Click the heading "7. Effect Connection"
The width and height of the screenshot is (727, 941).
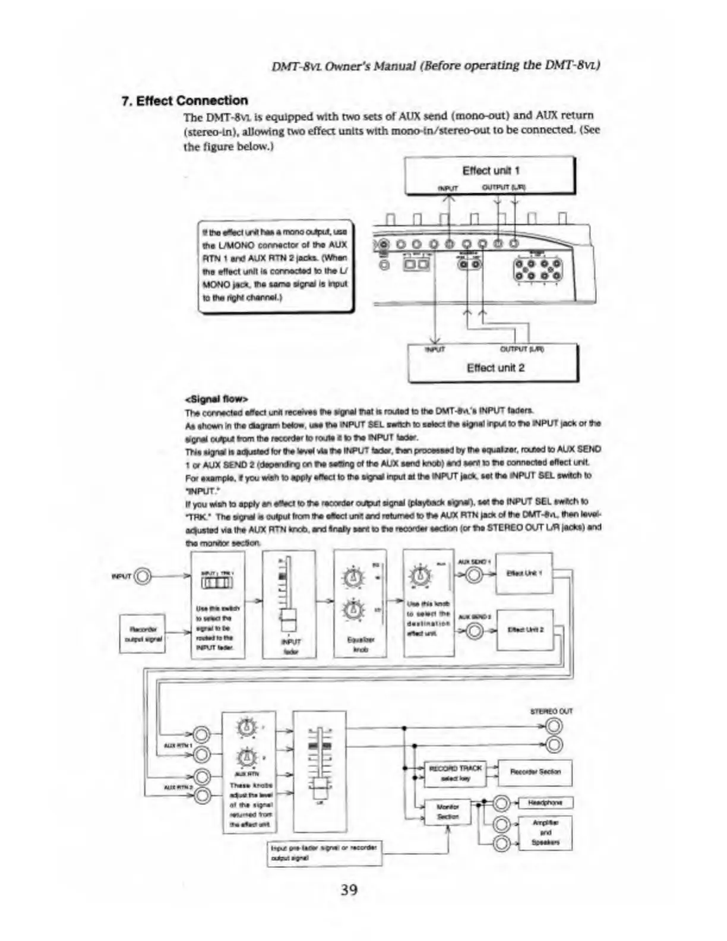[x=184, y=100]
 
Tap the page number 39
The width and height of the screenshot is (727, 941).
[x=349, y=889]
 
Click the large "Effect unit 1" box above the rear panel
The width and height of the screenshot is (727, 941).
[x=490, y=175]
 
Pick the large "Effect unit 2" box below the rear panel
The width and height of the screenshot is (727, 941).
[x=493, y=363]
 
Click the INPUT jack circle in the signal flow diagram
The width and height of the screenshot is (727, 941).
[x=144, y=576]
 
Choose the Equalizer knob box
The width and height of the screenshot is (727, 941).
[x=359, y=604]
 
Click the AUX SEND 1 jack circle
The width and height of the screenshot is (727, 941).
[x=474, y=575]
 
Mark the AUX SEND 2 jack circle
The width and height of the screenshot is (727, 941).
[x=474, y=631]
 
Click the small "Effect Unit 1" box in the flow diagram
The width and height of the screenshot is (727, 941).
[x=524, y=573]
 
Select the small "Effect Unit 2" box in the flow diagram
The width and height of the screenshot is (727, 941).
[x=524, y=630]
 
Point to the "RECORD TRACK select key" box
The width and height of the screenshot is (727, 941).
[x=455, y=772]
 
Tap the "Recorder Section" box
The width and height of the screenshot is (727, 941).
[x=535, y=772]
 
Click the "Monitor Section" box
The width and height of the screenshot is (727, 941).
[x=447, y=811]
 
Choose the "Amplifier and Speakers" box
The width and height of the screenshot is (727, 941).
[x=545, y=833]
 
